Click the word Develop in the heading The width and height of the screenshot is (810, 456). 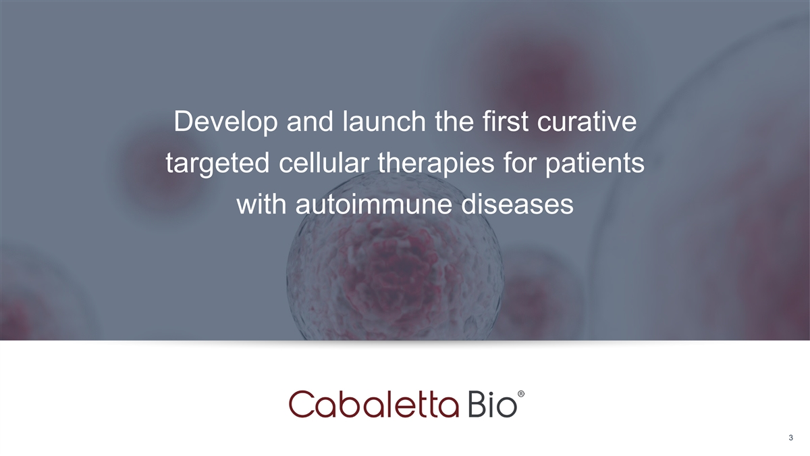(225, 123)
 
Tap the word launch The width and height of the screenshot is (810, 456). (384, 122)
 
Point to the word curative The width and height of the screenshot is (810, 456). (587, 122)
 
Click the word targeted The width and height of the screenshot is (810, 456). (217, 163)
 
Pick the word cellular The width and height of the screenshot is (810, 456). (323, 163)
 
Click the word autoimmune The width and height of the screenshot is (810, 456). (373, 205)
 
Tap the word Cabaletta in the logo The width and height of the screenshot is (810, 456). (374, 404)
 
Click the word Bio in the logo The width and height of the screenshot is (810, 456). (492, 405)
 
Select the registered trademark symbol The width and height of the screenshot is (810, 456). (521, 394)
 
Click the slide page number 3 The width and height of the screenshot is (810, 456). (791, 438)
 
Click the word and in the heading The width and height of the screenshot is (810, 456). (310, 122)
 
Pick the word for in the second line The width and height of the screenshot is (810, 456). (519, 163)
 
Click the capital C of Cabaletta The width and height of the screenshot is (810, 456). (301, 404)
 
